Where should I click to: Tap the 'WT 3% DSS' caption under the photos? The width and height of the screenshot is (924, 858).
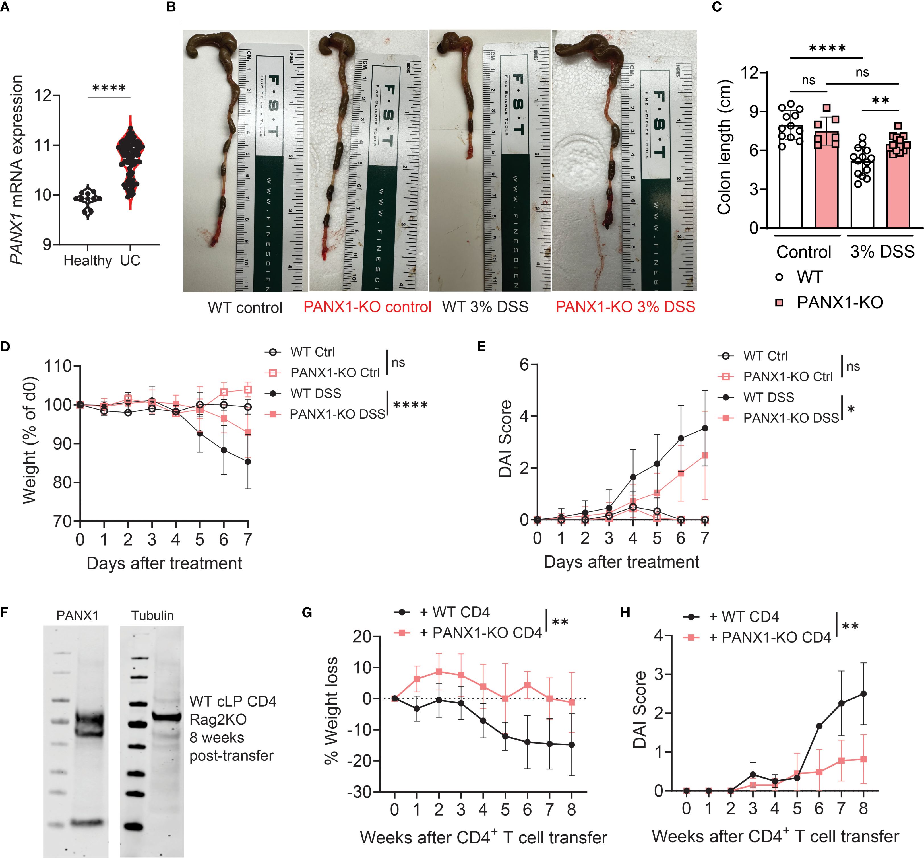click(485, 307)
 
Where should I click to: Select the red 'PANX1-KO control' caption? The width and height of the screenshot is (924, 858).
click(367, 307)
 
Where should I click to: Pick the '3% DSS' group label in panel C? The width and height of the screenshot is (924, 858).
click(882, 251)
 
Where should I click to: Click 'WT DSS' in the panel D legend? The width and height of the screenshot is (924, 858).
click(316, 393)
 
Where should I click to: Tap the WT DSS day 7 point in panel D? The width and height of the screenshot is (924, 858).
click(248, 462)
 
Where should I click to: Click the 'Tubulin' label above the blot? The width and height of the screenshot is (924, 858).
click(152, 616)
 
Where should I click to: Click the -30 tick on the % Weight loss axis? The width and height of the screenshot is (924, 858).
click(361, 792)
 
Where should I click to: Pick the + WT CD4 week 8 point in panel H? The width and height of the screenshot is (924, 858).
click(863, 694)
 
